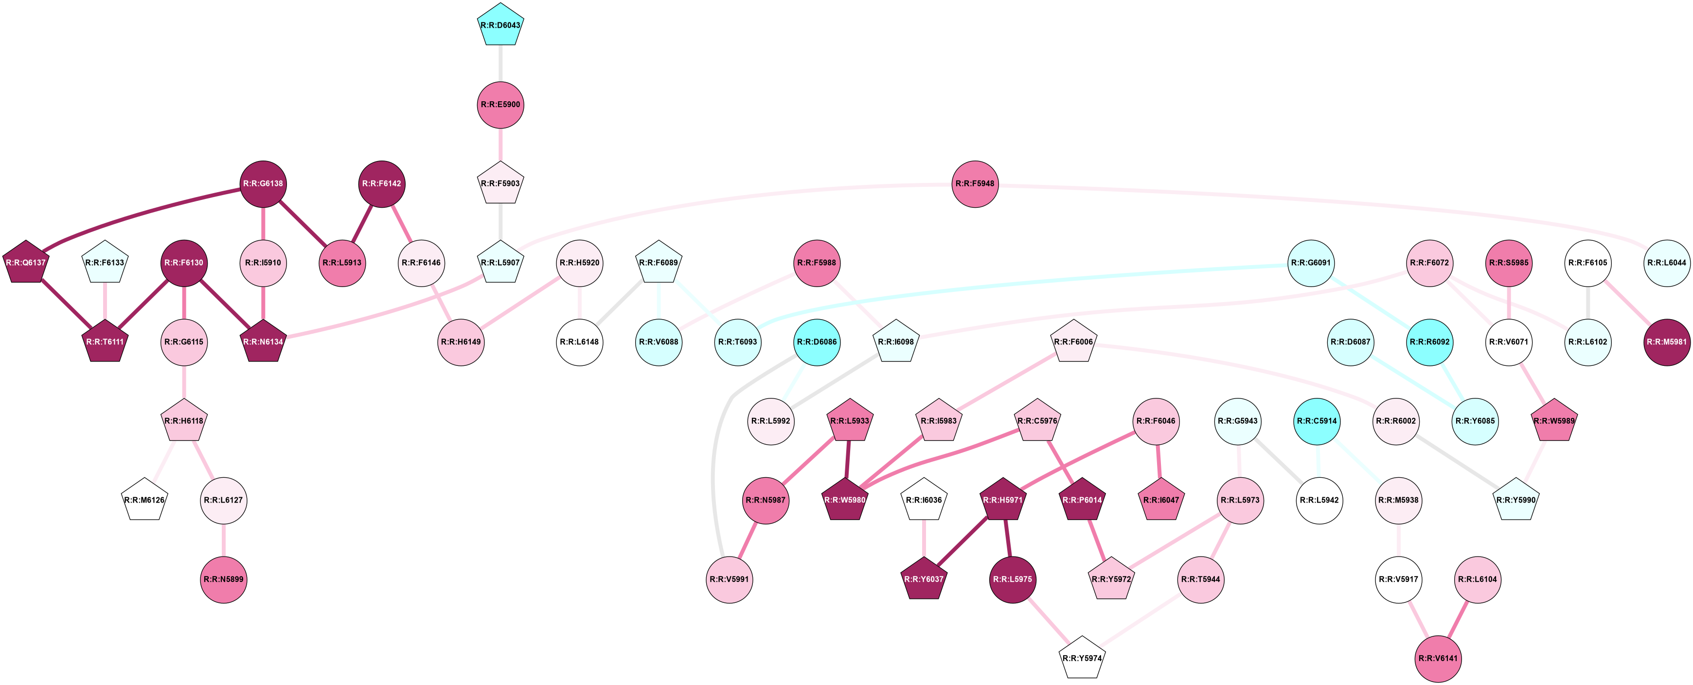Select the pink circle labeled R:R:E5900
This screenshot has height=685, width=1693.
click(x=500, y=105)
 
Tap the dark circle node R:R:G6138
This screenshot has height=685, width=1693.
click(x=263, y=183)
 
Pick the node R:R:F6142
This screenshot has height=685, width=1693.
click(x=382, y=183)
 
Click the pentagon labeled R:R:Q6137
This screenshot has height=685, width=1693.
click(x=26, y=263)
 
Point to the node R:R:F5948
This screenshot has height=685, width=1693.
click(x=975, y=183)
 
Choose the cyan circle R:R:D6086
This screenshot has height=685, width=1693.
click(x=817, y=342)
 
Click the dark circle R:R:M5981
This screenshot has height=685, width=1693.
click(x=1667, y=342)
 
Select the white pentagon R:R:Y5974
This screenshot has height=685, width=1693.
click(x=1082, y=658)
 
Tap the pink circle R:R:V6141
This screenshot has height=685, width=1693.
click(x=1438, y=658)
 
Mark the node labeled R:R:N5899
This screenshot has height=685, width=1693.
click(x=223, y=579)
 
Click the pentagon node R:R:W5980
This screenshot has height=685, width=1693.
click(x=845, y=500)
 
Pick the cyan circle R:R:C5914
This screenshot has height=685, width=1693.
click(x=1317, y=421)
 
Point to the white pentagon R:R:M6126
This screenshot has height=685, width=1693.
click(x=144, y=500)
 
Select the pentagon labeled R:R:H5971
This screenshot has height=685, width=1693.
click(x=1003, y=500)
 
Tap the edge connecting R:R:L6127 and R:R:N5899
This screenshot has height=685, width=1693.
click(x=223, y=540)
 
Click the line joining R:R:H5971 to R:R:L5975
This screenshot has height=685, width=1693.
click(x=1008, y=539)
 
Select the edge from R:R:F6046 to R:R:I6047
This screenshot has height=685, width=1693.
click(x=1158, y=460)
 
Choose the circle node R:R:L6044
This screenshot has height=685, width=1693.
click(x=1667, y=263)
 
